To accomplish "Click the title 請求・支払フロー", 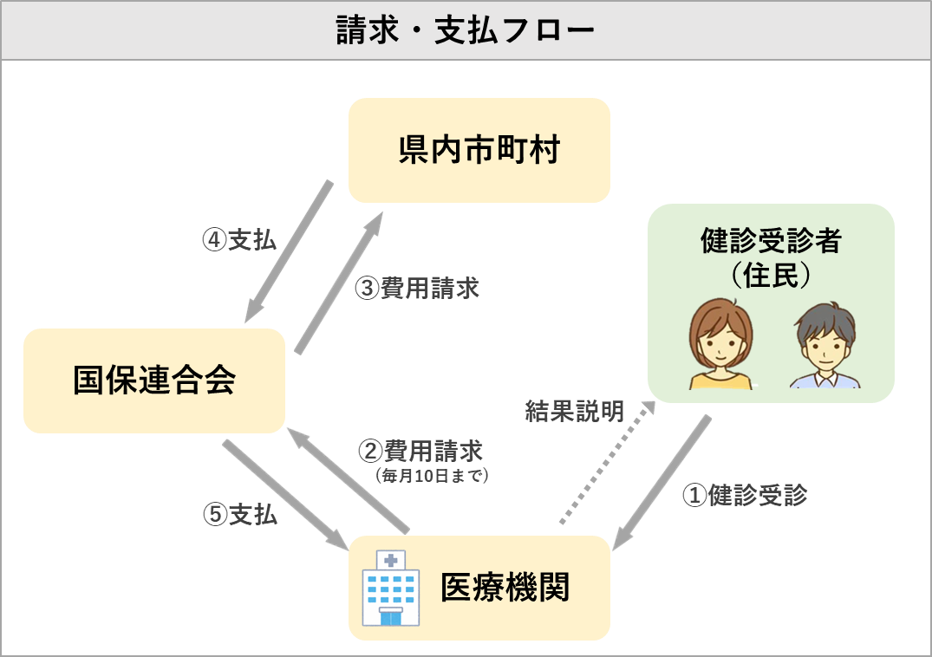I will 466,31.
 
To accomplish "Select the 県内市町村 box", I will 479,151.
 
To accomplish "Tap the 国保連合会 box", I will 153,381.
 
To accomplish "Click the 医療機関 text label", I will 505,588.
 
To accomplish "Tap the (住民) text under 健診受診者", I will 771,275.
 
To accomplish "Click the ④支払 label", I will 239,240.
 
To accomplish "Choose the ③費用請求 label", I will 417,289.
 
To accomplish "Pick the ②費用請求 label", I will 420,452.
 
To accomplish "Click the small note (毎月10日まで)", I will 432,475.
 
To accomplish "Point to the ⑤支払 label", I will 240,515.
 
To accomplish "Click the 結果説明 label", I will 574,412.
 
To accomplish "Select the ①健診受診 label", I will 745,495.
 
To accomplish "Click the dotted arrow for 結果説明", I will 607,463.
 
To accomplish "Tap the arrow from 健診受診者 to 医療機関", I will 662,483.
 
